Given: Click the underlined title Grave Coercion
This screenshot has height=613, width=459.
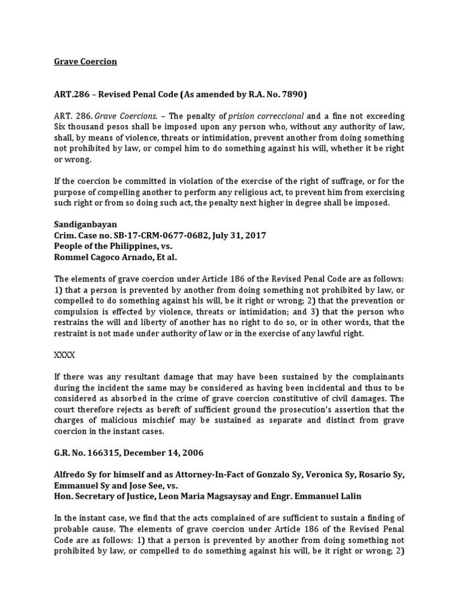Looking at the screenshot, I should click(x=85, y=62).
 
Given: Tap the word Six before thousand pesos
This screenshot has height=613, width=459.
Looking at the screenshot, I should click(x=61, y=126).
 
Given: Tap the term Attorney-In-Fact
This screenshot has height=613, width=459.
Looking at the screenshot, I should click(x=195, y=475).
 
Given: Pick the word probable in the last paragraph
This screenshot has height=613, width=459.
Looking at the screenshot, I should click(x=74, y=529).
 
